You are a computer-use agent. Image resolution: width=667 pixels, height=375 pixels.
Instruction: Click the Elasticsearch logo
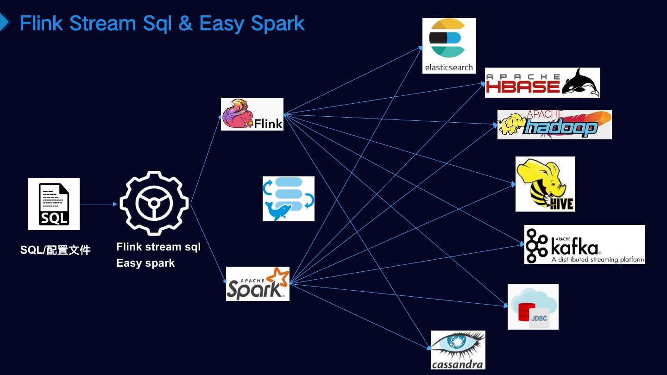coord(449,45)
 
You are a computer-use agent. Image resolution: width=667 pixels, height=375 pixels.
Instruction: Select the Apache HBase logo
coord(542,82)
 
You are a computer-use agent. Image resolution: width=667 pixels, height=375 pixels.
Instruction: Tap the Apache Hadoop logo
coord(554,125)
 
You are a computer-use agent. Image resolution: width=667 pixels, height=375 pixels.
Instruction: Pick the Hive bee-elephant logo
coord(545,184)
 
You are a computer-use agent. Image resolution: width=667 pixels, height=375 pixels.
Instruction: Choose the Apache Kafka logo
coord(584,244)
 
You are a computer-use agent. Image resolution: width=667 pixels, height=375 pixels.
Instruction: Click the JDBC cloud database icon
coord(533,306)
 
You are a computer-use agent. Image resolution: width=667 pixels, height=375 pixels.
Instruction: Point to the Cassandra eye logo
coord(458,350)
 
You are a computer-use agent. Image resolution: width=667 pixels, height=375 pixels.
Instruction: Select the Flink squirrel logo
coord(252,114)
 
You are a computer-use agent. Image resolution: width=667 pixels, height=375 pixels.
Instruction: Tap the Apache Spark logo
coord(258,284)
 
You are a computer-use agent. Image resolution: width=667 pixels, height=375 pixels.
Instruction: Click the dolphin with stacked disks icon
coord(288,199)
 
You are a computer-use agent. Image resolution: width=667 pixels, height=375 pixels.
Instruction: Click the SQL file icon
coord(54,204)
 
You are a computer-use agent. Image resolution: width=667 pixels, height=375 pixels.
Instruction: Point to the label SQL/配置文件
coord(55,250)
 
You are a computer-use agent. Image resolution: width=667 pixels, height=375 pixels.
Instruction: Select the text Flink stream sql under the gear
coord(158,247)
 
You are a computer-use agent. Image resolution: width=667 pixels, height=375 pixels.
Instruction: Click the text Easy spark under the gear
coord(145,263)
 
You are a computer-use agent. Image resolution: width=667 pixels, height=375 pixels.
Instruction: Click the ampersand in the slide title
coord(185,23)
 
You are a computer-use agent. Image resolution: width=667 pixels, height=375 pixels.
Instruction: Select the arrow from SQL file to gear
coord(98,204)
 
